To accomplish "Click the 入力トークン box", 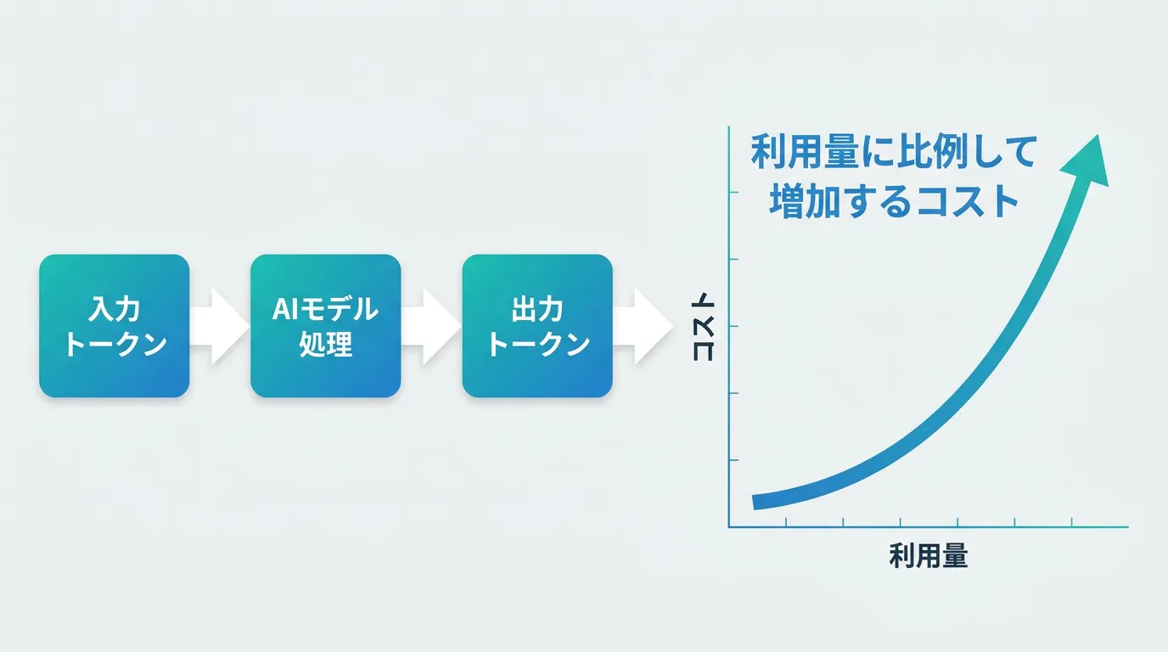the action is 115,326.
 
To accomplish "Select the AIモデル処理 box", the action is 325,326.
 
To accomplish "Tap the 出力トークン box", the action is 537,326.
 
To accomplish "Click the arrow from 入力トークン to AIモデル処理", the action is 220,327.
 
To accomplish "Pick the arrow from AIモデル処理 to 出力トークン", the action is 431,327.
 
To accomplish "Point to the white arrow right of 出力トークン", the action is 643,327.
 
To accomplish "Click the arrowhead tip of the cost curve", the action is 1098,135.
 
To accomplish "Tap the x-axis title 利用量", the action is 928,555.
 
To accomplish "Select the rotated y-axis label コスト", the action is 703,331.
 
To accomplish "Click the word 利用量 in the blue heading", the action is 805,152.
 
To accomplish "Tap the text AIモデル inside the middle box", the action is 325,309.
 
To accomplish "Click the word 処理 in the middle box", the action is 325,344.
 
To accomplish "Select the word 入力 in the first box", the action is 115,309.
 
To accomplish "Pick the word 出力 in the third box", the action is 537,309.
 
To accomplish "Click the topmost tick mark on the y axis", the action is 733,192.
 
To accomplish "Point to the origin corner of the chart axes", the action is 729,527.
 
